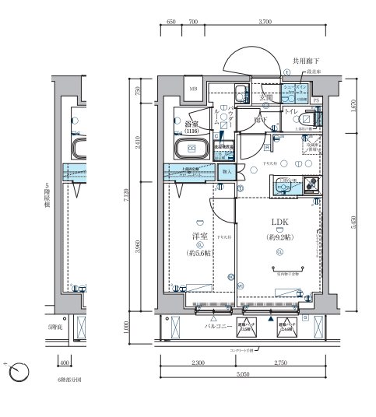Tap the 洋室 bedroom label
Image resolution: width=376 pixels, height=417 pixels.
[200, 237]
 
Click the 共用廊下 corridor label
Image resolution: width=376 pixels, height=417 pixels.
[307, 59]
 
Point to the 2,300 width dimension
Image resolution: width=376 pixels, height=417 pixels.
[197, 364]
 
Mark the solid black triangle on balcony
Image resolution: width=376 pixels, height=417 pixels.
[270, 318]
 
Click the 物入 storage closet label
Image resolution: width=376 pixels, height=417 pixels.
[227, 170]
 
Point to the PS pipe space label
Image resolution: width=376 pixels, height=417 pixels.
[317, 100]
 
